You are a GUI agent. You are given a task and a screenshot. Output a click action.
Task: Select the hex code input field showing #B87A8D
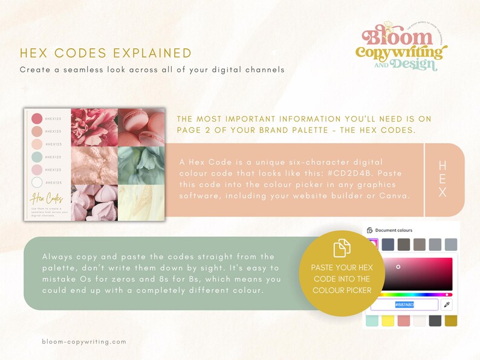click(404, 304)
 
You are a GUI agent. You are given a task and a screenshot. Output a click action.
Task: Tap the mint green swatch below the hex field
click(372, 321)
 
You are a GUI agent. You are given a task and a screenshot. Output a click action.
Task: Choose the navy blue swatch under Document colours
click(388, 244)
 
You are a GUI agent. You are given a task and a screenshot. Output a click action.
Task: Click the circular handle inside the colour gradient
click(398, 266)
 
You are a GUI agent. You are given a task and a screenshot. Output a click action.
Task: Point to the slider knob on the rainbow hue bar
click(447, 294)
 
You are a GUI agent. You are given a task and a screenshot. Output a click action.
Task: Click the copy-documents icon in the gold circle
click(342, 248)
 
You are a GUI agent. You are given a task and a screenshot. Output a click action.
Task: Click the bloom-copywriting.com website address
click(84, 341)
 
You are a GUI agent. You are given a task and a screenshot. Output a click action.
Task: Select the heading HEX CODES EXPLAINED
click(106, 53)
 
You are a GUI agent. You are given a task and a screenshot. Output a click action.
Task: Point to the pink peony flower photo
click(94, 127)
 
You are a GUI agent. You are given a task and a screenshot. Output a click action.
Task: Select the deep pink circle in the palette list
click(37, 118)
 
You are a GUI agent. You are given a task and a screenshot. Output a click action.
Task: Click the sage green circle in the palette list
click(37, 157)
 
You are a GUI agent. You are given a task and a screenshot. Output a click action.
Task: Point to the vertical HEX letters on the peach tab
click(443, 179)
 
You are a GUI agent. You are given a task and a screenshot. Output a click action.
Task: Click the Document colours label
click(393, 230)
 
